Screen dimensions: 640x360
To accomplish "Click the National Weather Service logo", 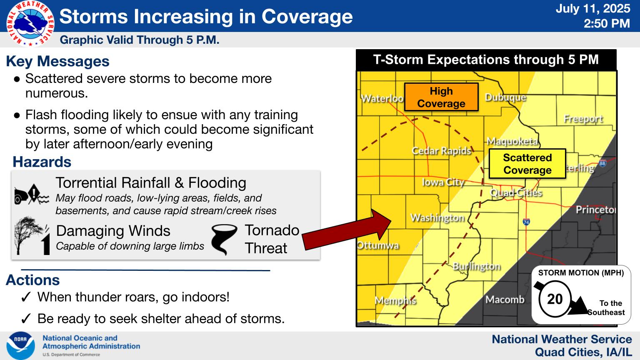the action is pyautogui.click(x=30, y=23).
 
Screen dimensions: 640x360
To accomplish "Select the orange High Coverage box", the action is pyautogui.click(x=441, y=97).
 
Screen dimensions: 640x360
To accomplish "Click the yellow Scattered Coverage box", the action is pyautogui.click(x=527, y=164).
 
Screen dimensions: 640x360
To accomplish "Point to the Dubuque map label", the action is pyautogui.click(x=505, y=97).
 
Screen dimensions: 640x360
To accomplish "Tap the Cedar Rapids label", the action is pyautogui.click(x=441, y=150).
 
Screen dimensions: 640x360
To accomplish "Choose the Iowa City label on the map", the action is pyautogui.click(x=443, y=182).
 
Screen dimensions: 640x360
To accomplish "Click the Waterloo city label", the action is pyautogui.click(x=382, y=99).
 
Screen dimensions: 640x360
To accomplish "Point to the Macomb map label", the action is pyautogui.click(x=505, y=300).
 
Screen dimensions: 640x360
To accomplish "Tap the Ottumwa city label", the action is pyautogui.click(x=378, y=245).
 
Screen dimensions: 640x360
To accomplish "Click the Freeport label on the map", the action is pyautogui.click(x=583, y=119).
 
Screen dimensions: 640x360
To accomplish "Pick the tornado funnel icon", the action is pyautogui.click(x=224, y=240).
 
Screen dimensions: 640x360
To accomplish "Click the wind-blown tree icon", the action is pyautogui.click(x=32, y=236).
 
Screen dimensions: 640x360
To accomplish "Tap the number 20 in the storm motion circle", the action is pyautogui.click(x=555, y=299).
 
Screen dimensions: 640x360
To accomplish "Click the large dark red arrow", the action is pyautogui.click(x=346, y=230).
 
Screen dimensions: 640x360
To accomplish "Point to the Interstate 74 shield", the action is pyautogui.click(x=526, y=222).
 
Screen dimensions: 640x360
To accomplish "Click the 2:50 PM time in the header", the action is pyautogui.click(x=607, y=23).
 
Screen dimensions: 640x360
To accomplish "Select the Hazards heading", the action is pyautogui.click(x=42, y=162).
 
